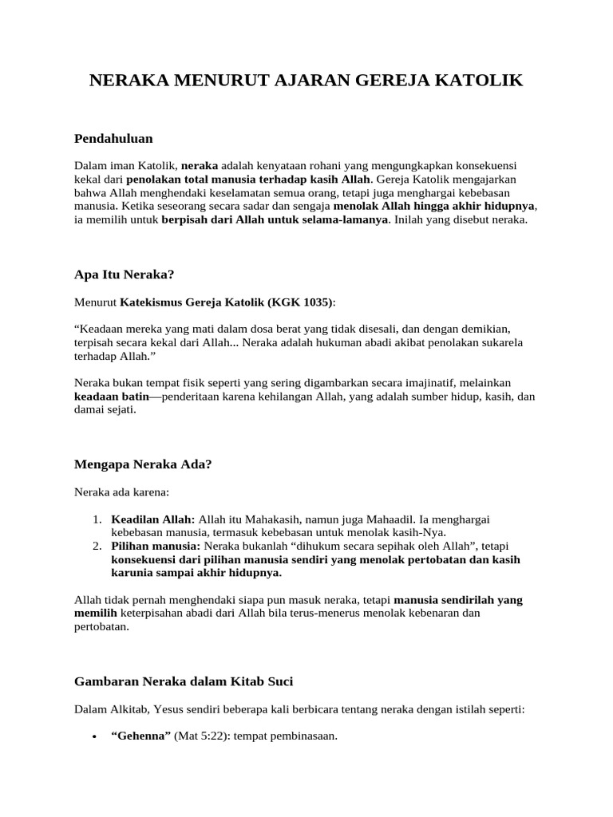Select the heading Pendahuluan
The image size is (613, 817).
[x=113, y=139]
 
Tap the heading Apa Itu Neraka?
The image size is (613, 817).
[x=124, y=274]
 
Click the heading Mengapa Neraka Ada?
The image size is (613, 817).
[x=143, y=464]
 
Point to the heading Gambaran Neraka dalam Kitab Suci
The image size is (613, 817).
[x=184, y=681]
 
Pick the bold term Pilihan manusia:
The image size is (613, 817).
[x=156, y=546]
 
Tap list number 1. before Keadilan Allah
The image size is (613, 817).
[x=97, y=519]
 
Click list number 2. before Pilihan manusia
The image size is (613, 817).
[x=97, y=546]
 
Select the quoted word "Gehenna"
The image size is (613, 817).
[x=140, y=737]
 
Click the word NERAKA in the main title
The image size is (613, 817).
[x=125, y=81]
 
